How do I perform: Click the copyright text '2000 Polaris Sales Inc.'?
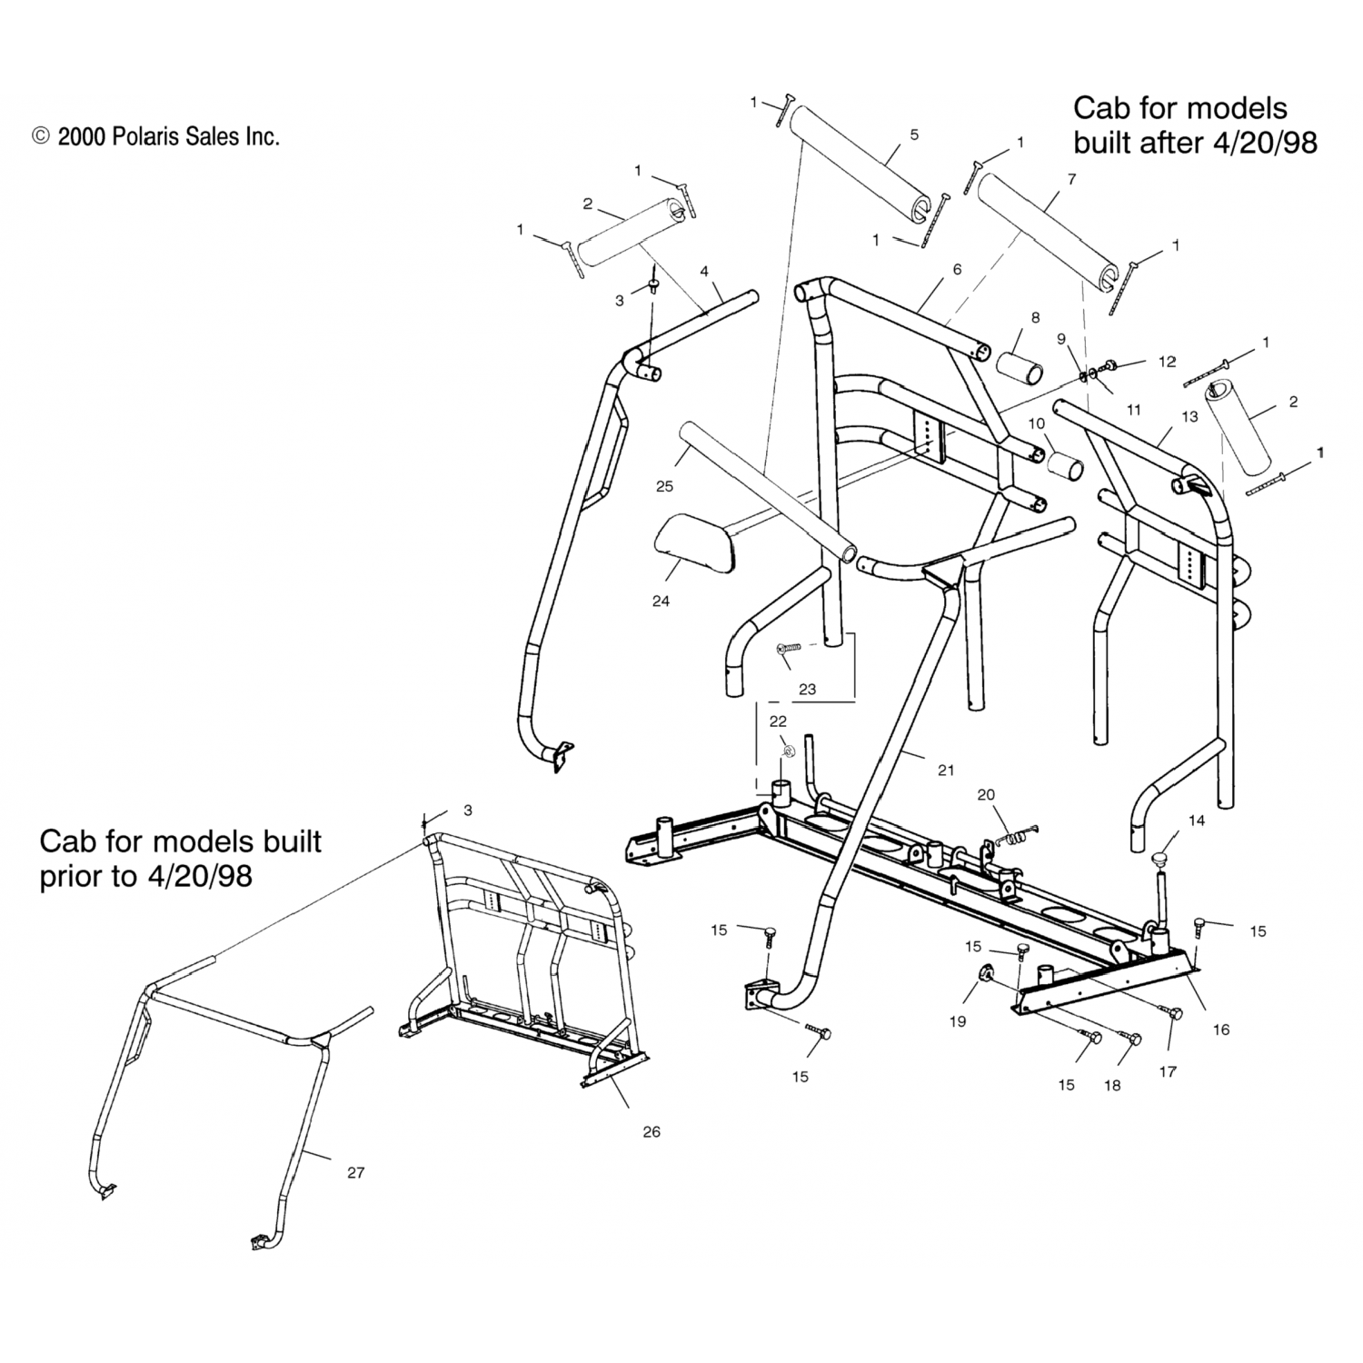coord(168,136)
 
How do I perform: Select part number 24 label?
coord(661,601)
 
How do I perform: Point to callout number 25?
coord(664,486)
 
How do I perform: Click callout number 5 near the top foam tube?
coord(914,134)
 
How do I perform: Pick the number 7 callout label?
coord(1072,180)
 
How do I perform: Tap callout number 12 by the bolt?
coord(1167,362)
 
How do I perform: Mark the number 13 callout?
coord(1190,416)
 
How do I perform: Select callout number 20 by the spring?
coord(986,795)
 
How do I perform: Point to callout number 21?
coord(946,770)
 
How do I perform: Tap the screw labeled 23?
coord(789,648)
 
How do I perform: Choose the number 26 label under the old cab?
coord(651,1131)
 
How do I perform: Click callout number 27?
coord(355,1172)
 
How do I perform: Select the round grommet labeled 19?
coord(985,976)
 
